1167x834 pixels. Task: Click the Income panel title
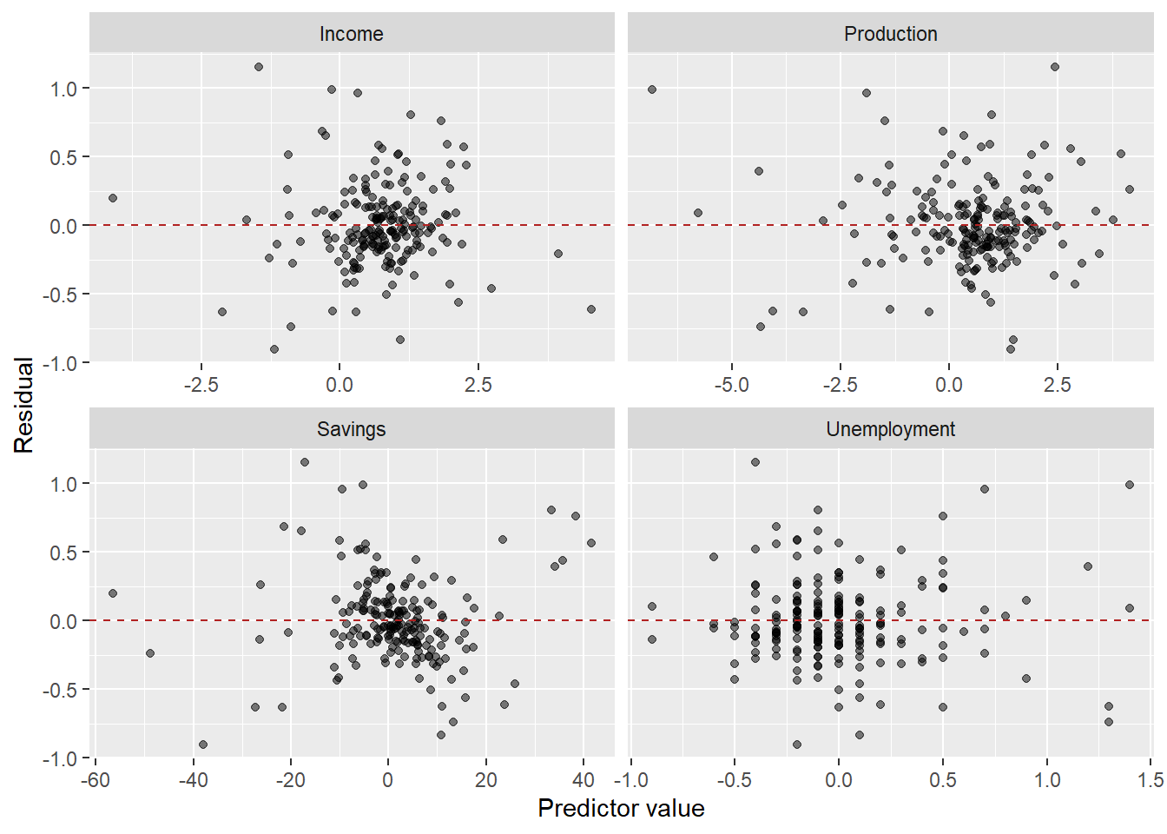[x=351, y=34]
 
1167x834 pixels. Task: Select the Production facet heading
[x=890, y=34]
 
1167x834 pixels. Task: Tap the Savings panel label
[x=351, y=429]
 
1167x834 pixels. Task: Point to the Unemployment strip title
[x=890, y=429]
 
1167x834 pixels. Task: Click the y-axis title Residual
[x=23, y=405]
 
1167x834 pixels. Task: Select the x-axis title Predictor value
[x=621, y=809]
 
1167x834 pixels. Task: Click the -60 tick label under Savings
[x=95, y=780]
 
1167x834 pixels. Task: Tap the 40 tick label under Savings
[x=583, y=780]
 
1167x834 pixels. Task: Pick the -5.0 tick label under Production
[x=731, y=385]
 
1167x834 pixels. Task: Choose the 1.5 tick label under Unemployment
[x=1151, y=780]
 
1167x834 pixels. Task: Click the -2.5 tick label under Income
[x=201, y=385]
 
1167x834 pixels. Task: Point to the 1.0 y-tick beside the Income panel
[x=63, y=89]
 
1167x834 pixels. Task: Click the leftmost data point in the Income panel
[x=113, y=198]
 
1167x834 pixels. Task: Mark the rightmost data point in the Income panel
[x=591, y=309]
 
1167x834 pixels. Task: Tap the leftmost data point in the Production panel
[x=652, y=89]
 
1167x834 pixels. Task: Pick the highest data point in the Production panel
[x=1055, y=67]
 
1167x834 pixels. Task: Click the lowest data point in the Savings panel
[x=203, y=745]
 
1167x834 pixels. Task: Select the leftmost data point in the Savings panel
[x=113, y=593]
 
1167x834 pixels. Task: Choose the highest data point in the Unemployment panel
[x=755, y=462]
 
